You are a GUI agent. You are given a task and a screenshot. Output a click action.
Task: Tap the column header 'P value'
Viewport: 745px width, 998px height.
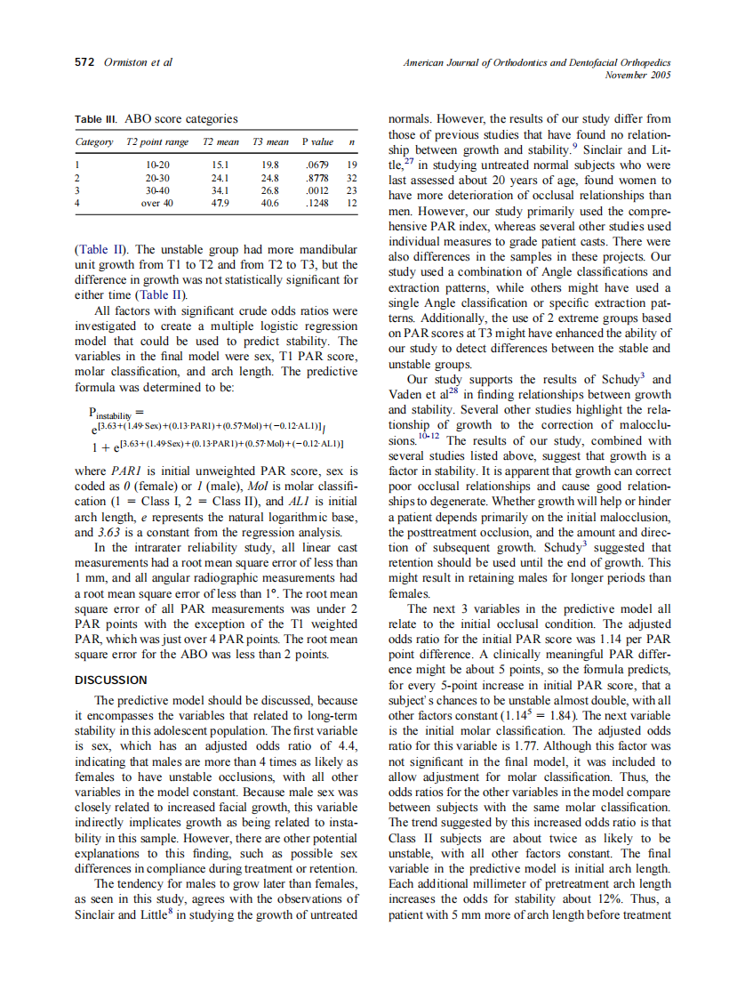tap(317, 142)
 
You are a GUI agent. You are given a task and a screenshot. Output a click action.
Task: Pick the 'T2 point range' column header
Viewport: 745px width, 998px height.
tap(157, 142)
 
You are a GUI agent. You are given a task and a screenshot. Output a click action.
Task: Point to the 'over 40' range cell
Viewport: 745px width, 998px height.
tap(157, 203)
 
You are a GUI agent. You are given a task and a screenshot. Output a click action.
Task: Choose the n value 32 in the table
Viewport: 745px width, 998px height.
tap(351, 177)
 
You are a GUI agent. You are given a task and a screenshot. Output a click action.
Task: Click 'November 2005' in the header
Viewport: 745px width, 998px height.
tap(637, 75)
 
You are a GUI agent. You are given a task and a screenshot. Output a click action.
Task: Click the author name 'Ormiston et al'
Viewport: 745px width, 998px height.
tap(138, 62)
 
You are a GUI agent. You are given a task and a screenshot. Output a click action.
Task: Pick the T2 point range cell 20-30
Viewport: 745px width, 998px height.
tap(157, 177)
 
